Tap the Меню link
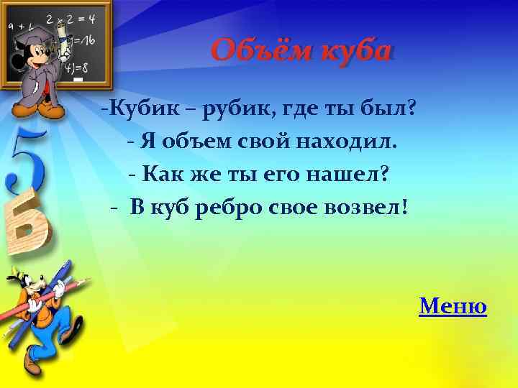click(453, 307)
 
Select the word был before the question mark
click(388, 110)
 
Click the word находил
click(351, 142)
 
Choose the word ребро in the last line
click(227, 208)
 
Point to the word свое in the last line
click(295, 208)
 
